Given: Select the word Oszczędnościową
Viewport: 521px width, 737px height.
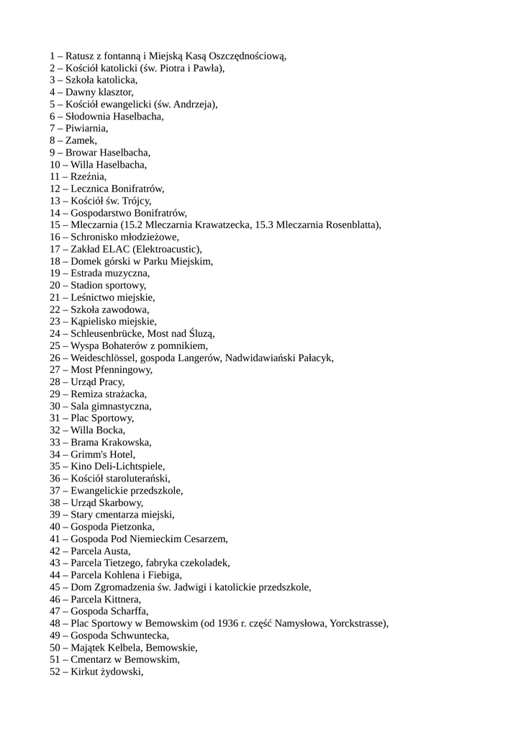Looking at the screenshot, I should click(x=248, y=55).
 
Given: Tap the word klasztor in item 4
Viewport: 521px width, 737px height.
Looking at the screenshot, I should click(x=114, y=92).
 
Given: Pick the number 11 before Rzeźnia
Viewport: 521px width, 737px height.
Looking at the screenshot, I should click(x=55, y=176).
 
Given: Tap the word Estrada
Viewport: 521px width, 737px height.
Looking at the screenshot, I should click(x=87, y=273).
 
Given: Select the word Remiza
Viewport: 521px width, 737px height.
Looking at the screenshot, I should click(x=86, y=394).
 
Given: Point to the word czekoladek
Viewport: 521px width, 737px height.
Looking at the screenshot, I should click(x=204, y=563).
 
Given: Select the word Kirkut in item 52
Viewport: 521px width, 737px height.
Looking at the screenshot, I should click(x=86, y=672).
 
